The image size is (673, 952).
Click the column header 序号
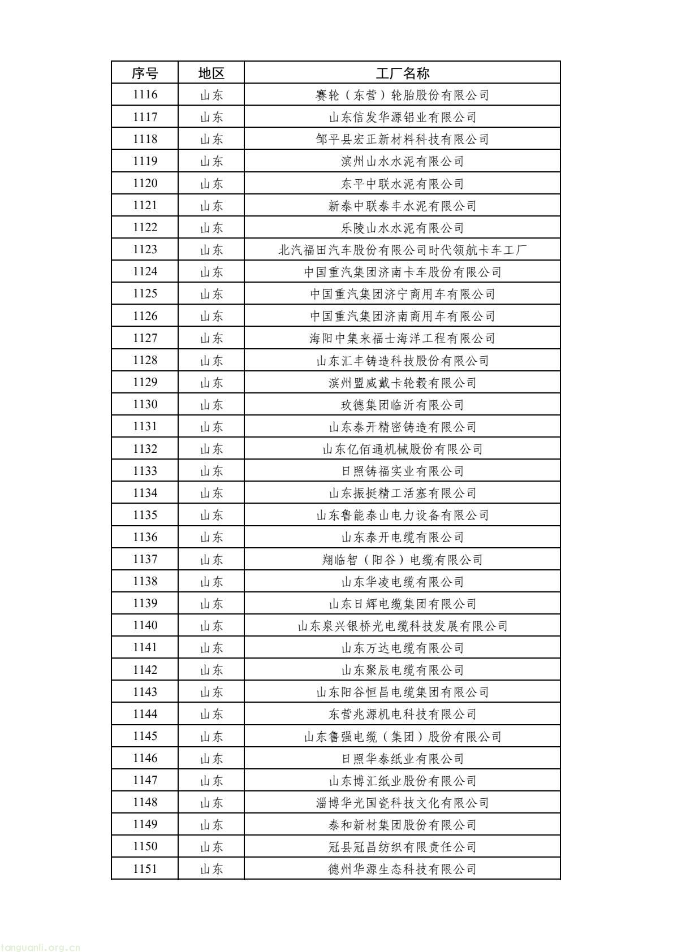145,73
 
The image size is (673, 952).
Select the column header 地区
212,73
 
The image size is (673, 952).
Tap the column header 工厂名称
402,73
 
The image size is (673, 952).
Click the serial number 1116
145,95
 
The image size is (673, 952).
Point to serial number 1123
145,249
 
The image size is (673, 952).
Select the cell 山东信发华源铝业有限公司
402,117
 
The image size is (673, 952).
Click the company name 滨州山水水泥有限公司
402,161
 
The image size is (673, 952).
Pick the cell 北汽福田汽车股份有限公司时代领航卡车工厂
402,249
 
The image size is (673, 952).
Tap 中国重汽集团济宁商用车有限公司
402,294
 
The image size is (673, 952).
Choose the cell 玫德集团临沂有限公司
402,405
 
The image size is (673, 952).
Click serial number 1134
145,493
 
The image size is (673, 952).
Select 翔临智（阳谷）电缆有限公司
402,560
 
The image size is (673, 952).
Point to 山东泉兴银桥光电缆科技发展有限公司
402,626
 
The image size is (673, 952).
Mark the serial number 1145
145,736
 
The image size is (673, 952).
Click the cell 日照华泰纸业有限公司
402,759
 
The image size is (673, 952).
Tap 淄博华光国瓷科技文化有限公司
402,803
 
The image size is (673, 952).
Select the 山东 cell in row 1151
212,869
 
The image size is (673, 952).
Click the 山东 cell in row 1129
212,383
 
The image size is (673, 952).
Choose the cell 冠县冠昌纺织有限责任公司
402,847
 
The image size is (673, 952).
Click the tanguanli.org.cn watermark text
41,947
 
